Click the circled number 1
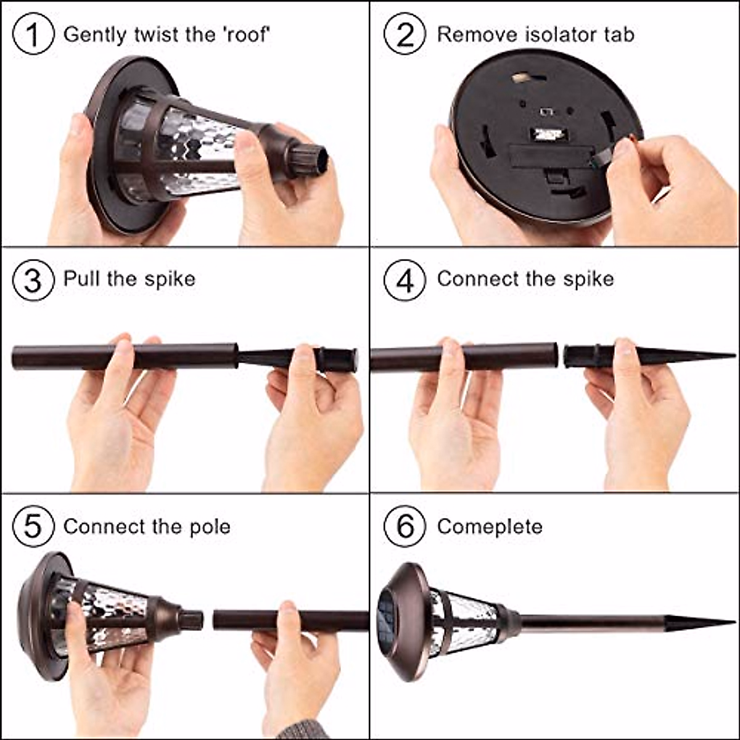tap(33, 34)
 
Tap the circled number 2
tap(405, 34)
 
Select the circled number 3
tap(33, 280)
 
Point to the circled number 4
tap(405, 280)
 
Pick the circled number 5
tap(33, 526)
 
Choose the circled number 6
tap(405, 526)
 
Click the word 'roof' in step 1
tap(247, 35)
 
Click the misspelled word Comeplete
tap(490, 527)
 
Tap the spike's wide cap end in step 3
tap(337, 360)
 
